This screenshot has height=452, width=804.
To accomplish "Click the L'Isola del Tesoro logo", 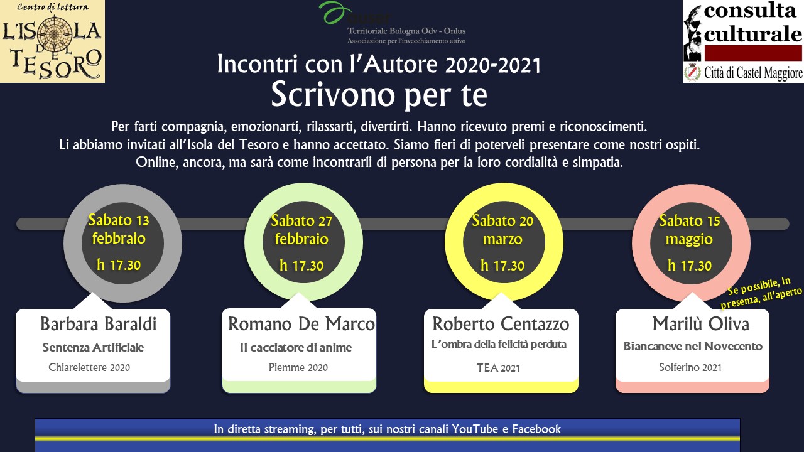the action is (x=52, y=41).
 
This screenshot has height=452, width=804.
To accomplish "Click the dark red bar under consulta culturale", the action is (x=753, y=53).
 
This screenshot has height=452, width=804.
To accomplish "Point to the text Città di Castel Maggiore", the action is (x=753, y=73).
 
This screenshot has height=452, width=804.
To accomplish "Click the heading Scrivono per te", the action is (x=379, y=94).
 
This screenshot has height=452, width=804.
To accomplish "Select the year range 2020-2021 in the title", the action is (x=493, y=65).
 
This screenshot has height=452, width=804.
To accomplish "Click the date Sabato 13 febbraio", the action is (x=119, y=229).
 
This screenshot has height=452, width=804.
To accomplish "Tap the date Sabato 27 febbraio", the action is (x=301, y=230).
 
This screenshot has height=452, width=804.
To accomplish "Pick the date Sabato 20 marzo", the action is (x=503, y=230).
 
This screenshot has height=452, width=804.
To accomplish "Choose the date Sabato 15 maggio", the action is (x=690, y=230).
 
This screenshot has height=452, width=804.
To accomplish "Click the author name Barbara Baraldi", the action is (x=99, y=324).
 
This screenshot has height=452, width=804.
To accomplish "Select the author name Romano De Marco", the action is (x=301, y=324).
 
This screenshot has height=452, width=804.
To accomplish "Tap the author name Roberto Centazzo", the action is (x=501, y=324).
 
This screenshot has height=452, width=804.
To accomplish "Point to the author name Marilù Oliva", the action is (x=700, y=324).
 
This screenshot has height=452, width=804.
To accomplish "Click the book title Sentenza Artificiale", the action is (x=93, y=347).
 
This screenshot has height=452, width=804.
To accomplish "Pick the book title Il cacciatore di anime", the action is (x=296, y=347).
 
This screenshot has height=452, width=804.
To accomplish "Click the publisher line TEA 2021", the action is (x=498, y=368).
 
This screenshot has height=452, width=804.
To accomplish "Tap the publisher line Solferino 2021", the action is (x=690, y=367).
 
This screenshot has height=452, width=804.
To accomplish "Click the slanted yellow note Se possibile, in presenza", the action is (x=761, y=293).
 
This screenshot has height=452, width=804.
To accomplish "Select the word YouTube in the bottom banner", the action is (x=475, y=429).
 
